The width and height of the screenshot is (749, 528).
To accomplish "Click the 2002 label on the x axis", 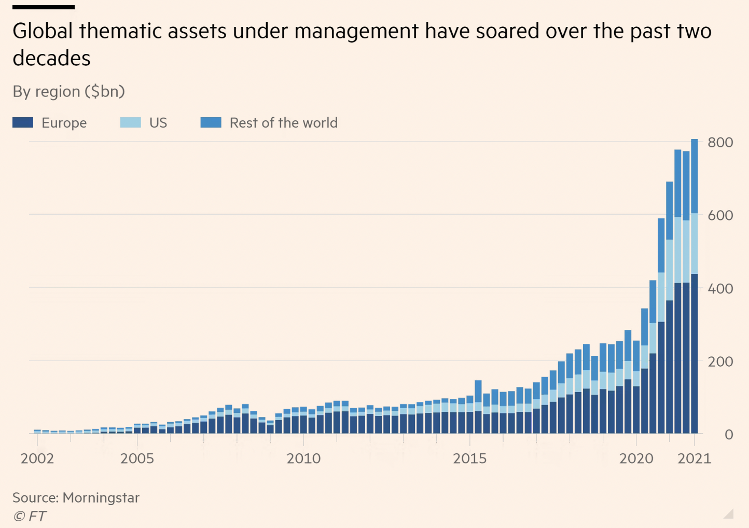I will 37,458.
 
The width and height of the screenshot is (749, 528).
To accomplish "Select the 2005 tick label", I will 137,458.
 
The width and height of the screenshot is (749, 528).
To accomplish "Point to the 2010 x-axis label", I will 303,458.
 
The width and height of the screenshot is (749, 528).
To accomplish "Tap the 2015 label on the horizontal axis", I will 469,458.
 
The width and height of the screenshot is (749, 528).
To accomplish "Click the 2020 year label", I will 636,458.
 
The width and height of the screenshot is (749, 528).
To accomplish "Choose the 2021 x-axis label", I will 694,458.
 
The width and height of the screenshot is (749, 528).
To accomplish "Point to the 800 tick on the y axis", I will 720,143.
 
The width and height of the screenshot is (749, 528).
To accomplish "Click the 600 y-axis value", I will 720,215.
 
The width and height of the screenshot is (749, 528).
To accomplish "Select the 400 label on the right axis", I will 720,288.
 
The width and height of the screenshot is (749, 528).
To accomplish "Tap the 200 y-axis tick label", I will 720,362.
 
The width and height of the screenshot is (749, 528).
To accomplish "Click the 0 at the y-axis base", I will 728,435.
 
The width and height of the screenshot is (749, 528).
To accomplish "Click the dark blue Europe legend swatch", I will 23,122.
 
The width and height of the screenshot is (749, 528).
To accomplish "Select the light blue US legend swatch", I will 130,122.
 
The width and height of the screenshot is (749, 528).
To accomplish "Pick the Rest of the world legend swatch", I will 211,122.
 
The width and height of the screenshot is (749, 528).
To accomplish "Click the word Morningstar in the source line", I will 101,498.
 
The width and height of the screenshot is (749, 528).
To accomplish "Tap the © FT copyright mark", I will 30,516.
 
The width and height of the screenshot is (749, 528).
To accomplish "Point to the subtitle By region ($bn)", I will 68,91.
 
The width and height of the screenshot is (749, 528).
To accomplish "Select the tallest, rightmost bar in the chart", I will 695,286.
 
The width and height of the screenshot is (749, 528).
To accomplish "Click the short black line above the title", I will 44,7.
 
